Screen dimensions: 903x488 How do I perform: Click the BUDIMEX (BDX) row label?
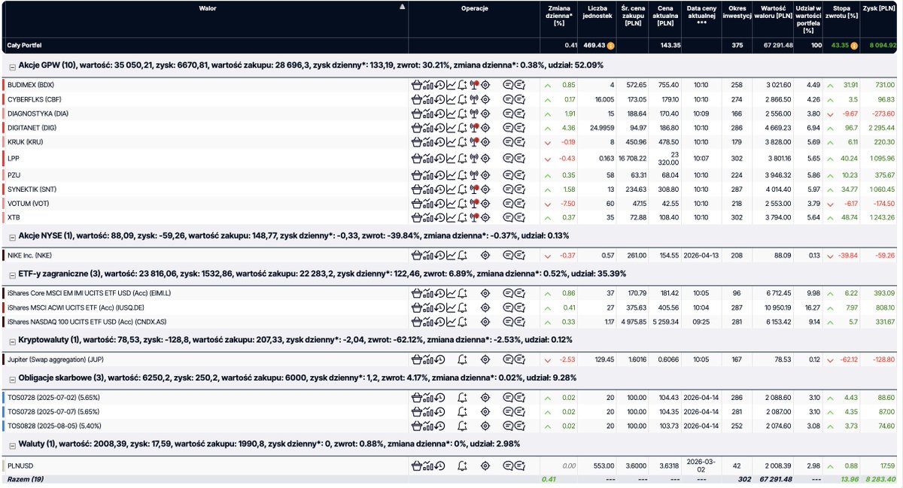click(31, 85)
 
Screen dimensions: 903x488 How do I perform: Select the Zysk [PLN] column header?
click(879, 8)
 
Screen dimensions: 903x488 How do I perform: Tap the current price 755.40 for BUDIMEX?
click(668, 85)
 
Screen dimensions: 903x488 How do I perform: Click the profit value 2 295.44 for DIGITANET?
click(881, 128)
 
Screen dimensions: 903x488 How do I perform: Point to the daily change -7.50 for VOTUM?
click(567, 204)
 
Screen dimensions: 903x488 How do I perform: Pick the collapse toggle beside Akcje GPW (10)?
click(13, 67)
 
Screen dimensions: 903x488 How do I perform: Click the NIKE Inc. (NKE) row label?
click(29, 256)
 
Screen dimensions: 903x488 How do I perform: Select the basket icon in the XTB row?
click(416, 217)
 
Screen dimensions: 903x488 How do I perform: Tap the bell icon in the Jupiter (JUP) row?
click(462, 359)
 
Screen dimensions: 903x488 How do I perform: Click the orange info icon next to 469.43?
click(611, 46)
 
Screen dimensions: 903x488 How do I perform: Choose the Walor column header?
click(207, 8)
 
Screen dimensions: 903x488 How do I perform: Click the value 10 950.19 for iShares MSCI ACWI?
click(778, 308)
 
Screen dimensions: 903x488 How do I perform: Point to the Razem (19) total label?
click(26, 479)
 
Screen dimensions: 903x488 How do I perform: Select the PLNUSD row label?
click(20, 466)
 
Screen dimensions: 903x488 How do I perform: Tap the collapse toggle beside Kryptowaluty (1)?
click(13, 341)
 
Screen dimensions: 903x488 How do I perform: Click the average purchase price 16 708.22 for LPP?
click(633, 159)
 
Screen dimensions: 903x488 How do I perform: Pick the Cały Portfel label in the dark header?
click(24, 46)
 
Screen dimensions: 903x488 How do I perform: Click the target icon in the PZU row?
click(485, 175)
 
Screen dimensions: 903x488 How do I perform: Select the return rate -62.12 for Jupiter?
click(849, 359)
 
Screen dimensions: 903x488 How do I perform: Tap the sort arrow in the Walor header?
click(402, 7)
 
